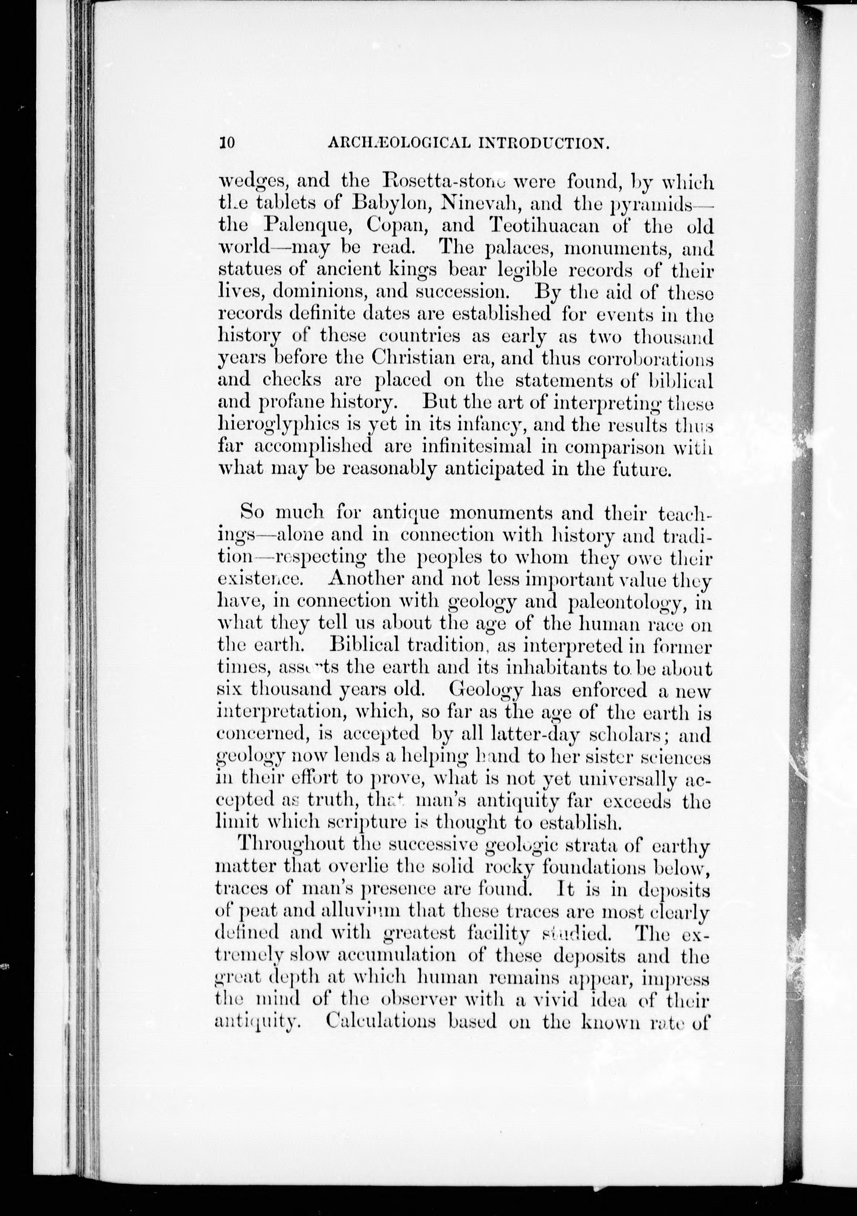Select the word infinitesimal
coord(476,446)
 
